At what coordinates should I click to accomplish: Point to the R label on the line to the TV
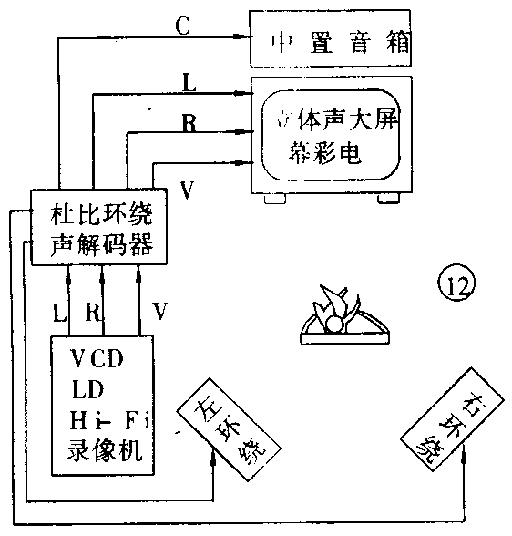click(x=189, y=123)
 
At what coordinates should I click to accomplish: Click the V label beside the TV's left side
click(x=186, y=190)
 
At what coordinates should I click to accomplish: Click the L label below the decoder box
click(x=58, y=313)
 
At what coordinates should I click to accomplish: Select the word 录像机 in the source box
click(x=100, y=450)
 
